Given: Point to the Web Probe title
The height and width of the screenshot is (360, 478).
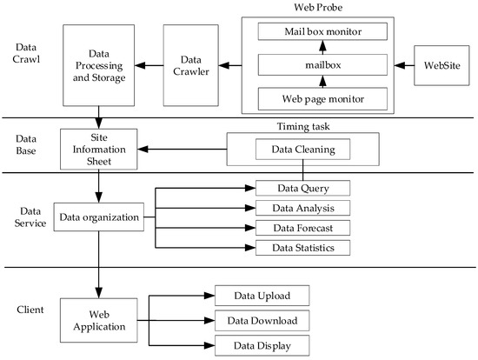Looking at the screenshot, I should tap(316, 7).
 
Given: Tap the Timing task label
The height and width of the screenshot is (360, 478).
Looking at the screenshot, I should tap(302, 126).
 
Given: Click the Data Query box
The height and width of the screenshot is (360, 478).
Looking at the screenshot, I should tap(303, 188).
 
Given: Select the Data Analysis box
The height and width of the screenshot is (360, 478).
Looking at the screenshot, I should tap(303, 208).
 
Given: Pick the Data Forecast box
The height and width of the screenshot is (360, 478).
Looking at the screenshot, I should tap(303, 228).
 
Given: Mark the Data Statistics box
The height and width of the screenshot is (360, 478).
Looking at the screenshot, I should tap(303, 248).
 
